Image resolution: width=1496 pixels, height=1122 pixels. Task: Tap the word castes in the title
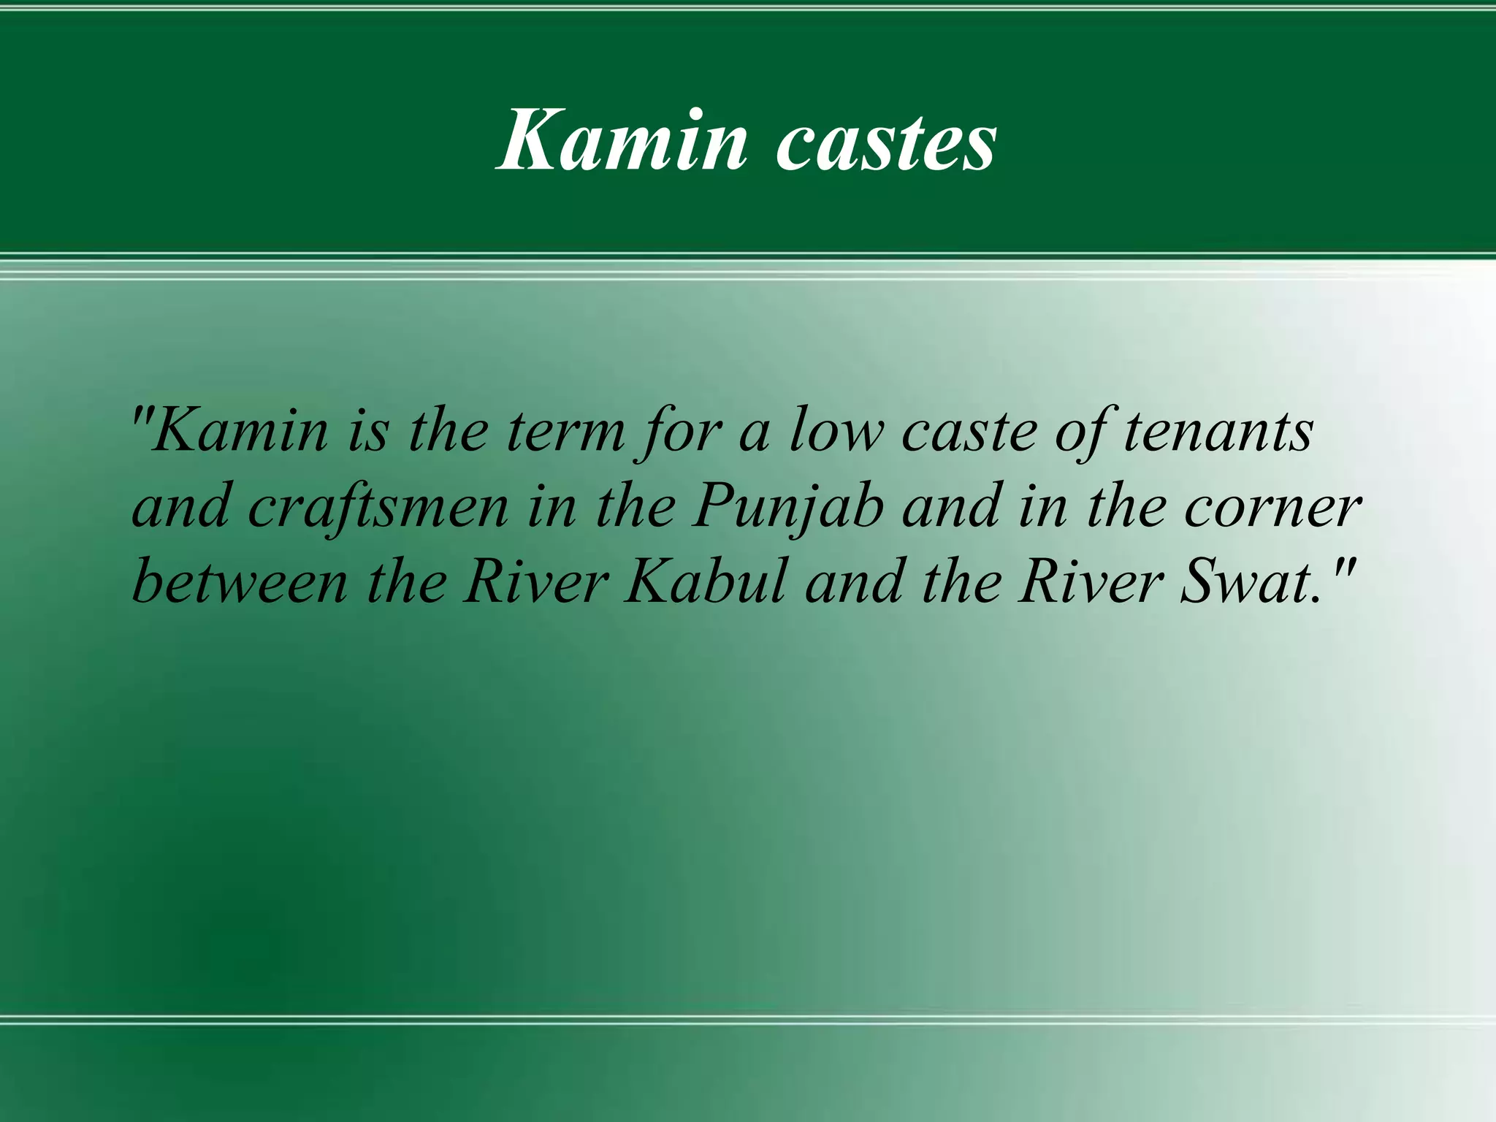[x=885, y=140]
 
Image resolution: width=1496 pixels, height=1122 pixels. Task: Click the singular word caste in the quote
[x=969, y=431]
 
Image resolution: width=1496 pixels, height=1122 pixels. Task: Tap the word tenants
[x=1218, y=431]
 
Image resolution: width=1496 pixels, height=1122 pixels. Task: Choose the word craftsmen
[x=378, y=507]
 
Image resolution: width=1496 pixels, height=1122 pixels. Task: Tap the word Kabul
[x=706, y=582]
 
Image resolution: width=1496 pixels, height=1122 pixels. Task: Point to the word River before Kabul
[x=536, y=582]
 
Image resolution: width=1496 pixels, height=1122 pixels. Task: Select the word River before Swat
[x=1091, y=582]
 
